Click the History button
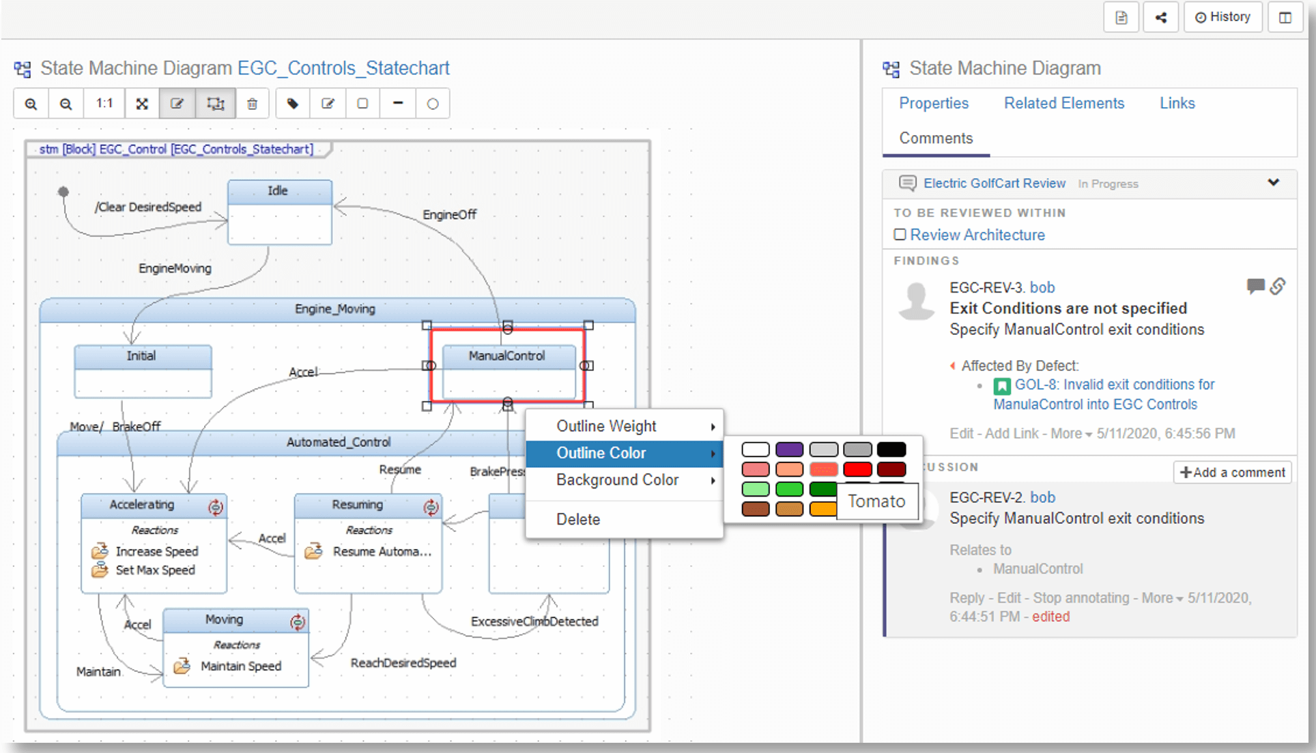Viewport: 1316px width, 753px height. pos(1222,17)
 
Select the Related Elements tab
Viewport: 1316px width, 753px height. pos(1063,103)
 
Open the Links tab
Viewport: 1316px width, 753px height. pos(1177,103)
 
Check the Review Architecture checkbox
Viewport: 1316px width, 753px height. pos(900,235)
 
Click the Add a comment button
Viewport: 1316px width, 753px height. pos(1232,472)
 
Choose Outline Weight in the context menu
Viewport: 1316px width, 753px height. pos(606,426)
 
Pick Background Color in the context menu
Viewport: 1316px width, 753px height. pos(617,479)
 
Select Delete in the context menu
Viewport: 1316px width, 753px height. pos(578,519)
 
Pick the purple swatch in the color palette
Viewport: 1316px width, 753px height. pos(789,449)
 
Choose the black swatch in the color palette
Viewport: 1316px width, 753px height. pos(891,449)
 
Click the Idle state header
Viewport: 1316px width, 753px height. pos(278,191)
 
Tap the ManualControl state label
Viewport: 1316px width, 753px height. pos(506,356)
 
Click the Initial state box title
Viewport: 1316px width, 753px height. pos(141,356)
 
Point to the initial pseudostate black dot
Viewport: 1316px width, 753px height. pos(63,192)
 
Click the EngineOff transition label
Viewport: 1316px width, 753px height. pos(449,215)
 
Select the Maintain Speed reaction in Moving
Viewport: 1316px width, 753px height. pos(240,666)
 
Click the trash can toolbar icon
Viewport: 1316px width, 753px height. pos(253,104)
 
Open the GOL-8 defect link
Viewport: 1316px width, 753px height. pos(1114,385)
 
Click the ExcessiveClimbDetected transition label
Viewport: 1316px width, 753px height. pos(534,621)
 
